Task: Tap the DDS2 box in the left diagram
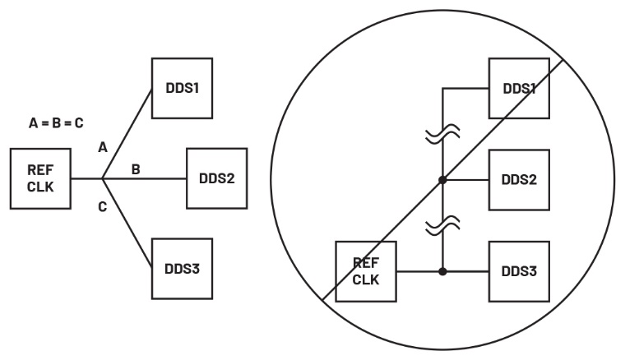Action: pos(217,178)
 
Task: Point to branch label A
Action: pos(103,149)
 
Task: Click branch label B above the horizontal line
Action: pos(136,169)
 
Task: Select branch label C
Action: pos(103,206)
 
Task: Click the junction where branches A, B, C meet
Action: pos(102,178)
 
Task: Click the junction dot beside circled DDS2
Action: pos(443,178)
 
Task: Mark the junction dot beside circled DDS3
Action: pos(443,270)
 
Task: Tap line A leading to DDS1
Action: pos(127,132)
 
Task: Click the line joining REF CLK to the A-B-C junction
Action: pos(86,178)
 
